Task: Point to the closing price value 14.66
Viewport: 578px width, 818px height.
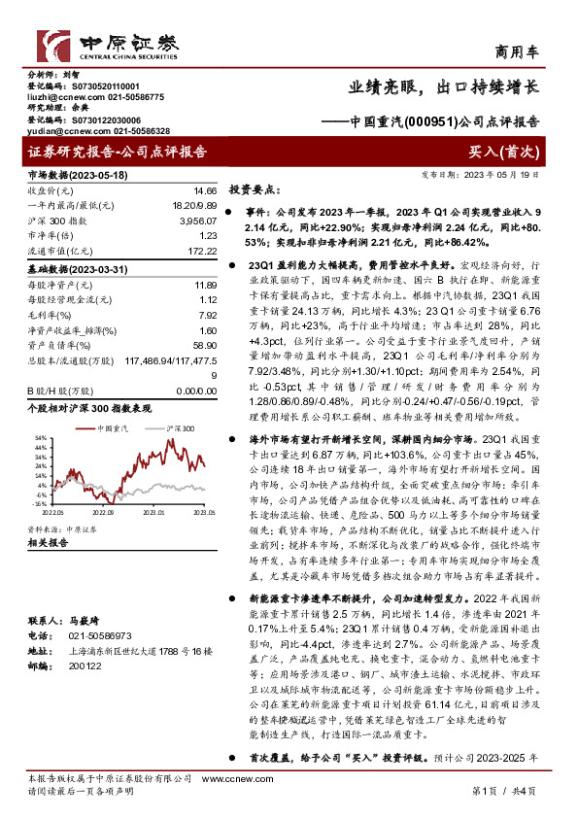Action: tap(205, 191)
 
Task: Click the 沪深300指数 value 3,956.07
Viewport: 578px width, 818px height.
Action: tap(199, 221)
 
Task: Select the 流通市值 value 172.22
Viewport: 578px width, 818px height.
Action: tap(202, 251)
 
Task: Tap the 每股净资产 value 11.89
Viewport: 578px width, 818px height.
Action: tap(205, 285)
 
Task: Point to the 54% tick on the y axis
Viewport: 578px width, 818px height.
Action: tap(40, 438)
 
